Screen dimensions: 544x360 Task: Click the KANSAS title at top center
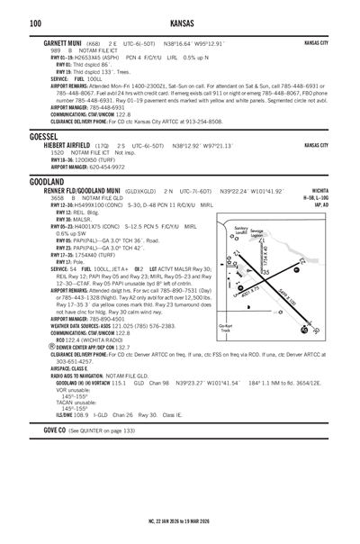click(180, 22)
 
